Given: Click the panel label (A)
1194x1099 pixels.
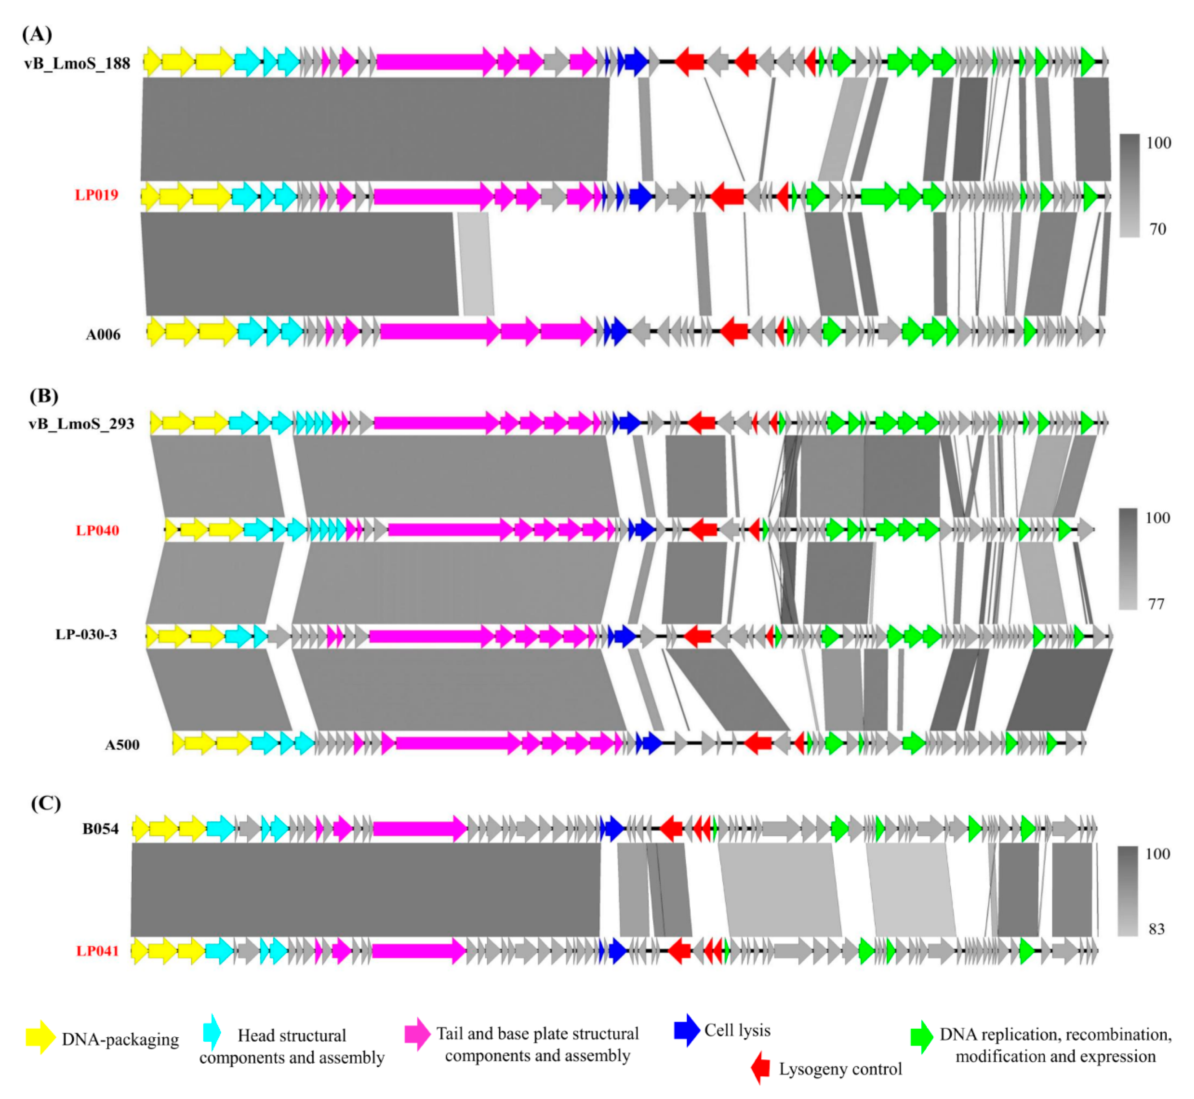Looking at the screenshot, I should (37, 34).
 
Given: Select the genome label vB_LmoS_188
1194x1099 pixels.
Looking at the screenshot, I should (77, 63).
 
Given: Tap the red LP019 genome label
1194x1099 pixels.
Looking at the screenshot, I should (96, 195).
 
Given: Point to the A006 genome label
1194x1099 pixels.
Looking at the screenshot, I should (103, 335).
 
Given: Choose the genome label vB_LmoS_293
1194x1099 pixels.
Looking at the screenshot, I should (81, 424).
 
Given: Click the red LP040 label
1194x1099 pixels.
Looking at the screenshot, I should (98, 531).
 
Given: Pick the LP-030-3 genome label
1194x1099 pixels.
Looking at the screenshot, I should (86, 634).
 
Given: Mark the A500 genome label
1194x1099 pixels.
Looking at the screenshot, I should (122, 745).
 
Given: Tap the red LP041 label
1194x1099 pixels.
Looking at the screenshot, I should (98, 951).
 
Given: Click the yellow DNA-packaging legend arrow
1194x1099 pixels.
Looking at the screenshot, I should (40, 1037).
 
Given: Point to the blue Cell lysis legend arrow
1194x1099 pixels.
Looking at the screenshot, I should (687, 1030).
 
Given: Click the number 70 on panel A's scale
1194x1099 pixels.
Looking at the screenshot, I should (1157, 229).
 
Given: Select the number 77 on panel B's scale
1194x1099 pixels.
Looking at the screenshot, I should (1155, 604).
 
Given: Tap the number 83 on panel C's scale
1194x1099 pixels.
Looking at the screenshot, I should (1156, 929).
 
